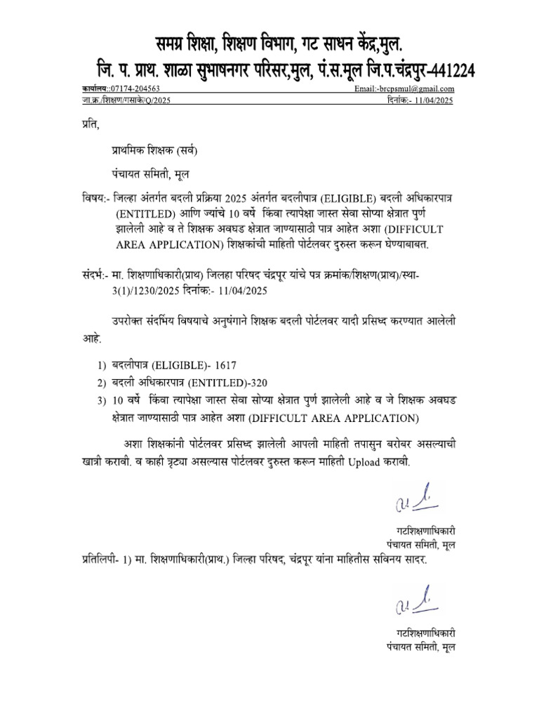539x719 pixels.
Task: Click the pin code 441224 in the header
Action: pos(443,70)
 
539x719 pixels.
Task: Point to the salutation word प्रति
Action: pos(86,126)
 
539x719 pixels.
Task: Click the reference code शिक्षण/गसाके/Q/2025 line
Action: pos(131,100)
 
